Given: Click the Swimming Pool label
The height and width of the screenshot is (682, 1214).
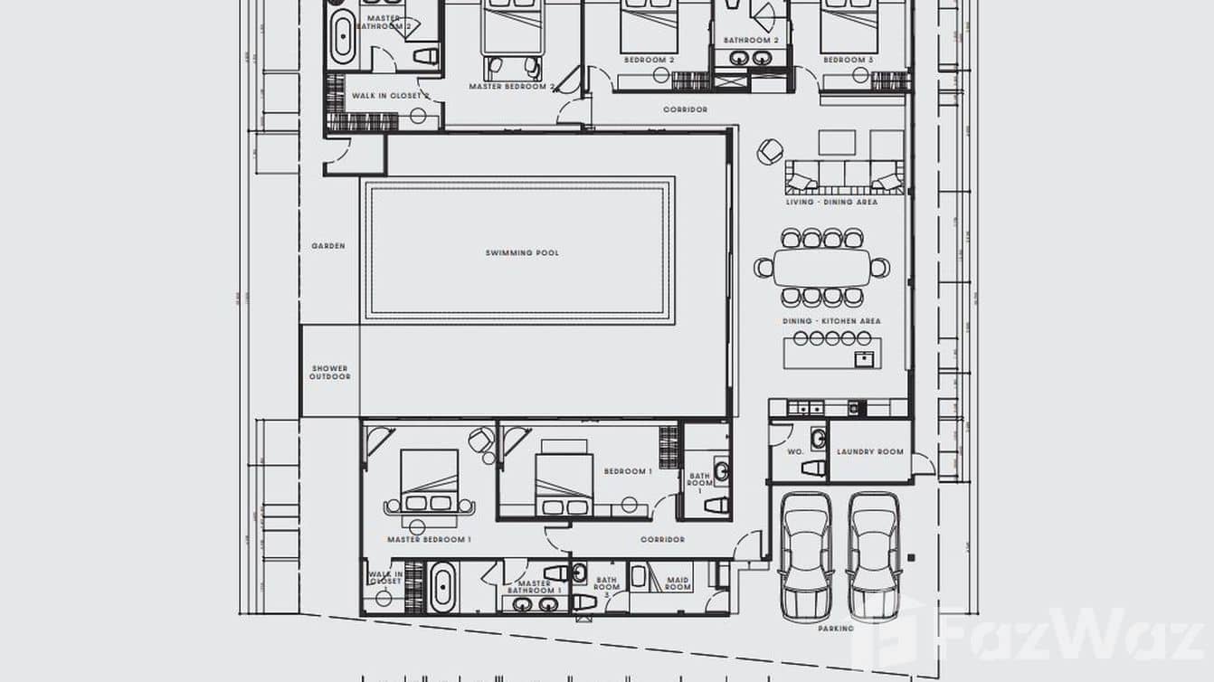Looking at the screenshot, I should tap(522, 253).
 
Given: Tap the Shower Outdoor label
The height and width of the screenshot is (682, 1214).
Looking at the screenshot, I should tap(329, 372).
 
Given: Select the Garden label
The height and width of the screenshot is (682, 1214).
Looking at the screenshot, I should tap(327, 246).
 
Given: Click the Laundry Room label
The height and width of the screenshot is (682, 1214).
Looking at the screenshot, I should tap(869, 451).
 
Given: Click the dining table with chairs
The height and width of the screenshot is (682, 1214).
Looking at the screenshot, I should tap(822, 268).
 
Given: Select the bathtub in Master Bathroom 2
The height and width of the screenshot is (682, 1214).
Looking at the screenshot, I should tap(343, 36).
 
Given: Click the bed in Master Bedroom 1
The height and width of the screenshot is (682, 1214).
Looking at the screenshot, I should tap(429, 484).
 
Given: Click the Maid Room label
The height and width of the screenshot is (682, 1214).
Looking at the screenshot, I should tap(678, 583).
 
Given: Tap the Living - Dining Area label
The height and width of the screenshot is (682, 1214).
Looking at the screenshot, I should tap(831, 202).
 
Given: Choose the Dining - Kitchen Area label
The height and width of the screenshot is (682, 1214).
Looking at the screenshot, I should tap(831, 321).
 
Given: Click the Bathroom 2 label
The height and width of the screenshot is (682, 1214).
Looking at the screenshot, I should tap(751, 41).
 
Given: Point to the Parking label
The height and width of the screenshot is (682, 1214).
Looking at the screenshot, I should tap(836, 628).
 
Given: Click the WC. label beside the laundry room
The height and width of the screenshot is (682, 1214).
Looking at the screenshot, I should tap(795, 451).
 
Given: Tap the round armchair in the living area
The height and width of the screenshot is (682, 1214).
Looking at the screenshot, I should tap(771, 151).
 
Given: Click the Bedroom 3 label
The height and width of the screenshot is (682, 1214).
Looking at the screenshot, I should tap(848, 60).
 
